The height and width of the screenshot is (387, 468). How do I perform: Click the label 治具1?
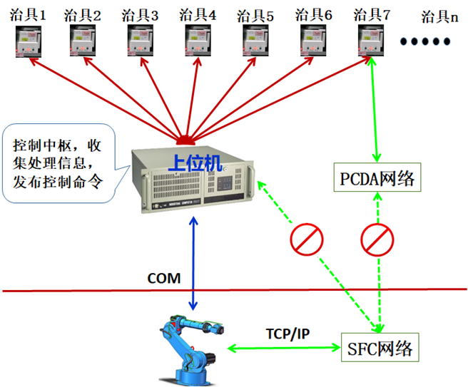tap(28, 14)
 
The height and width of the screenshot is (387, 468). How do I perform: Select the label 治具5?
tap(258, 14)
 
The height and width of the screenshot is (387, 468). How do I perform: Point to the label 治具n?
tap(438, 17)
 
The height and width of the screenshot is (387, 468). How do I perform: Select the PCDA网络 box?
tap(377, 177)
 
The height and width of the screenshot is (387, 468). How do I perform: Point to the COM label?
tap(164, 277)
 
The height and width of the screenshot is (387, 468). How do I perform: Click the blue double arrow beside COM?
tap(193, 263)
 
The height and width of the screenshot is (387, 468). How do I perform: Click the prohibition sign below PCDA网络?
tap(377, 239)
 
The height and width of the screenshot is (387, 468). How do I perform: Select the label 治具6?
tap(316, 14)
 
